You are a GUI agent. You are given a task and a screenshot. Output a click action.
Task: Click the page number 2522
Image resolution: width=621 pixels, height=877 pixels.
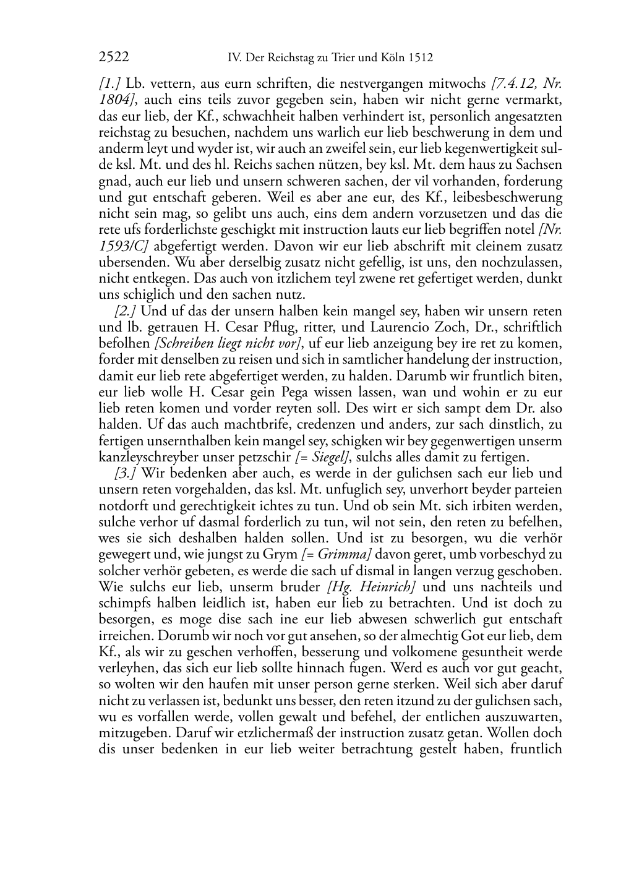click(114, 58)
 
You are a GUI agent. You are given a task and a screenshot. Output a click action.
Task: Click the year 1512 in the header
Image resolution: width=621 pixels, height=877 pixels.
click(420, 58)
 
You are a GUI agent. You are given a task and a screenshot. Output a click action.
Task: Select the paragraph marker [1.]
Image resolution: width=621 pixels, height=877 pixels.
click(110, 84)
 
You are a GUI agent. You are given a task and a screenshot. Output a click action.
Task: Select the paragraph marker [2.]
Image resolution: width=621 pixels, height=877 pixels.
click(126, 311)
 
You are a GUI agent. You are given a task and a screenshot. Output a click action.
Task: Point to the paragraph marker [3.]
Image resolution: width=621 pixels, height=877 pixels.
click(126, 473)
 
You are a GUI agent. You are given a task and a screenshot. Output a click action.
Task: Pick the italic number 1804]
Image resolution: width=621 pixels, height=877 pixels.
click(117, 100)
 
